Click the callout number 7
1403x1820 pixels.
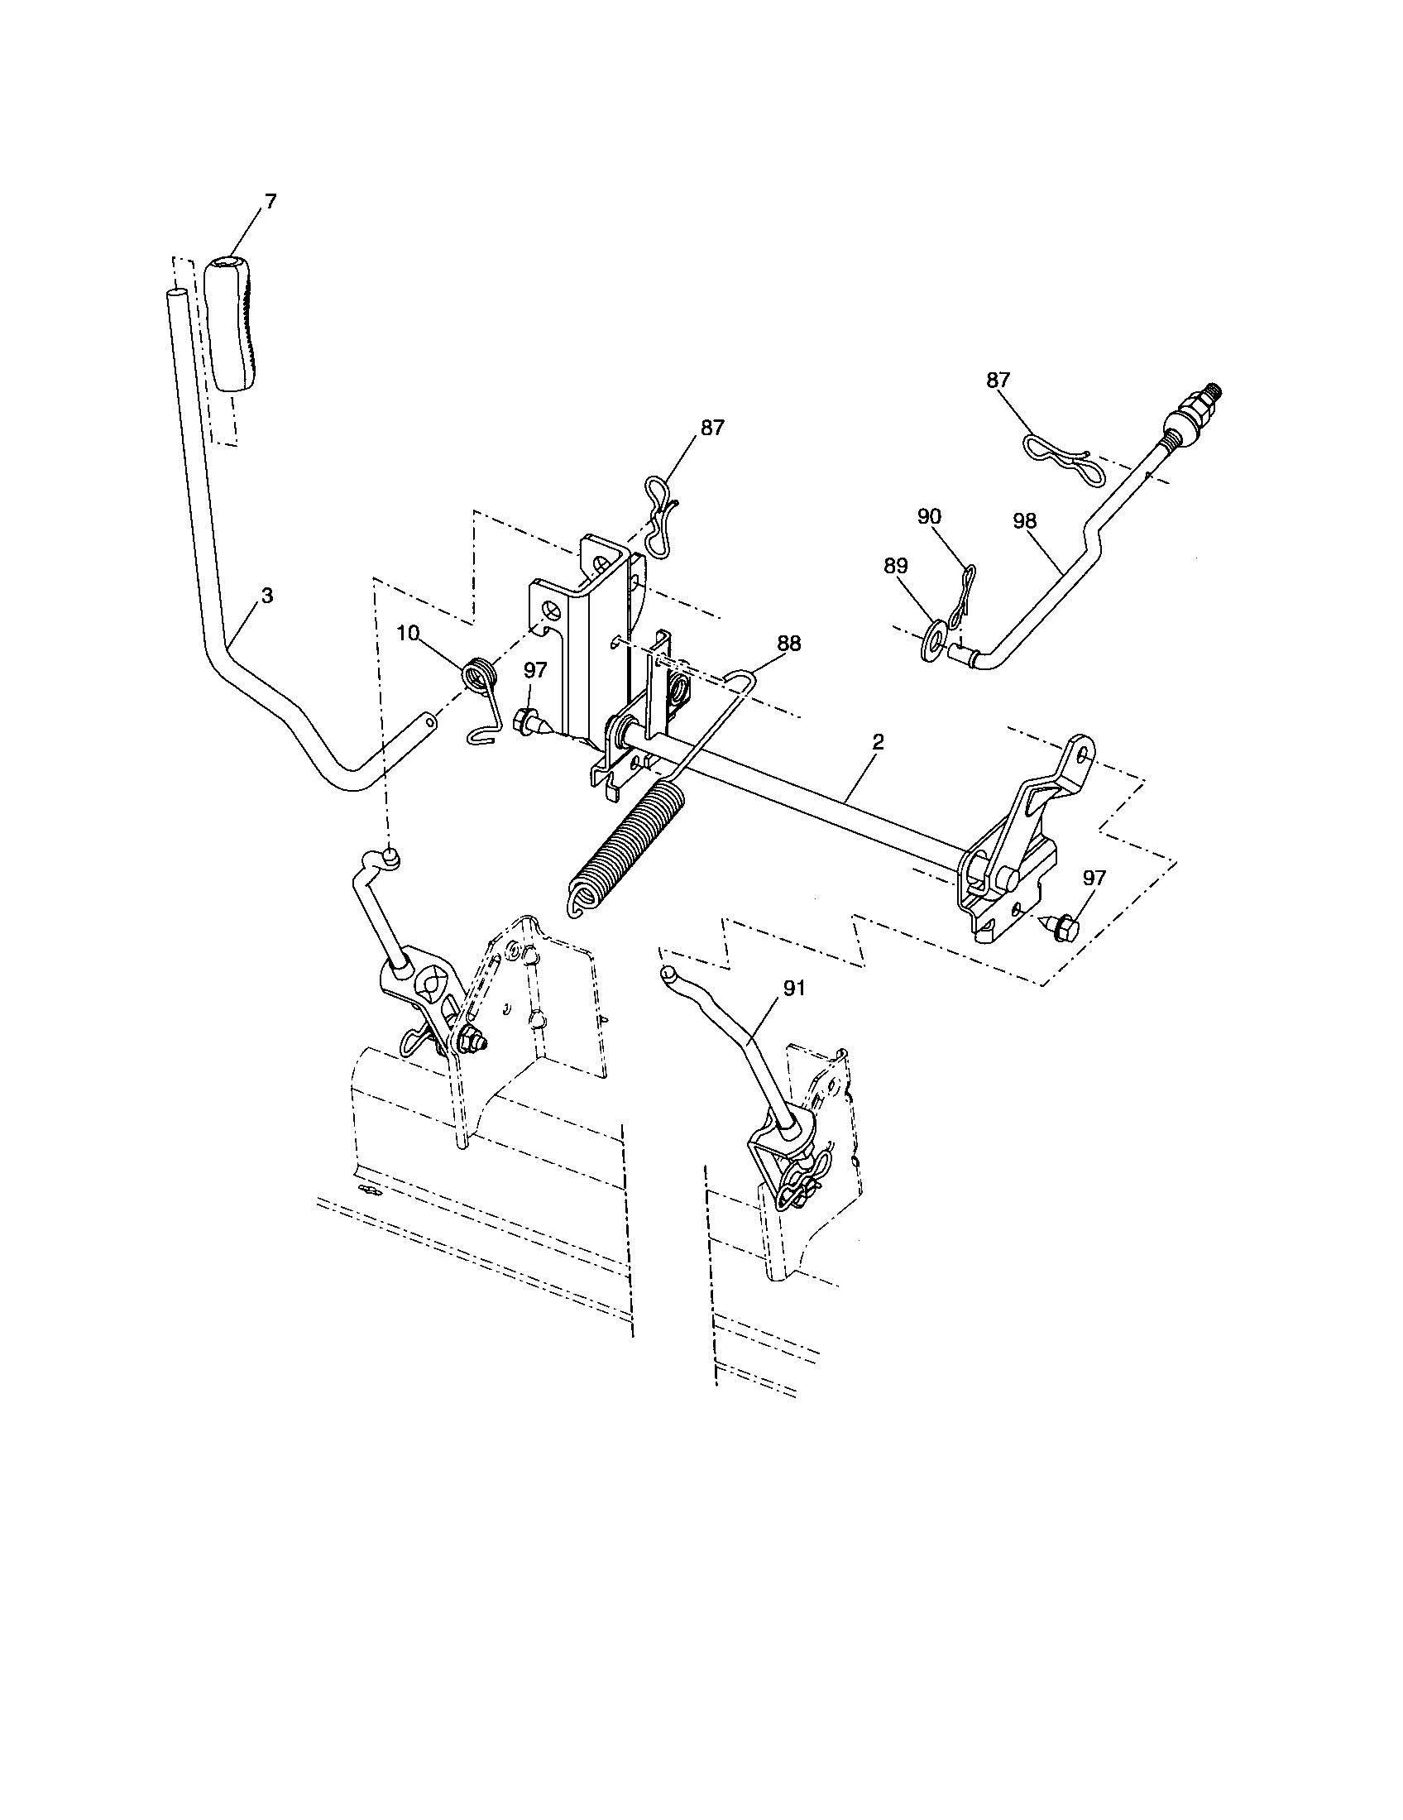271,201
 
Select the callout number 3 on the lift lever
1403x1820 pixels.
266,596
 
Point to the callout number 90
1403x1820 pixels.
929,516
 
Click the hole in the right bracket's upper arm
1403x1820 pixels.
1080,752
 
